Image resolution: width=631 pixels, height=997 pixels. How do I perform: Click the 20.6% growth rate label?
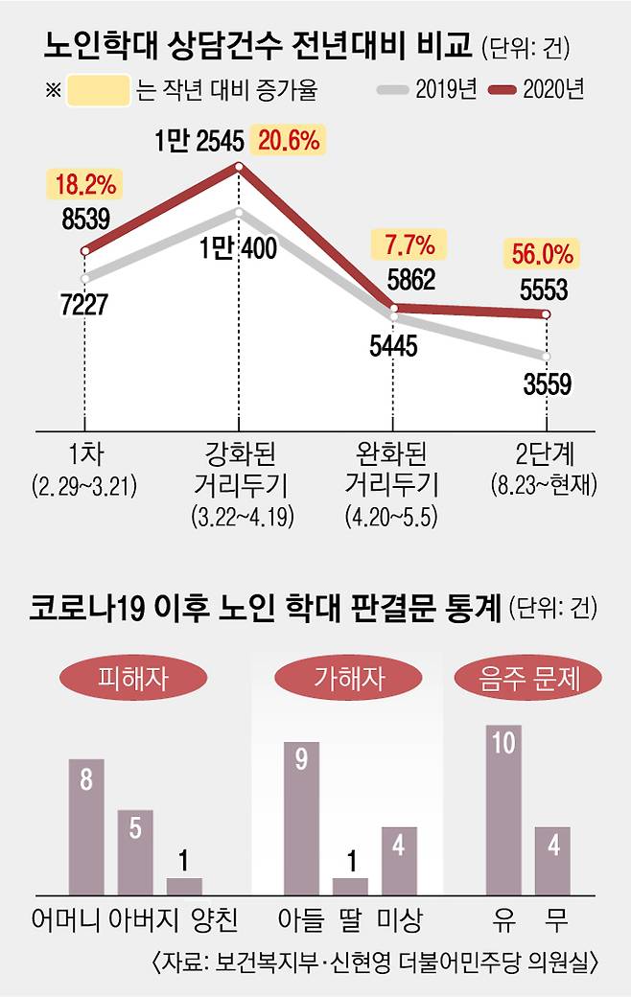tap(288, 142)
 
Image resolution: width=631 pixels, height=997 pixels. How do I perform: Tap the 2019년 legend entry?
tap(428, 90)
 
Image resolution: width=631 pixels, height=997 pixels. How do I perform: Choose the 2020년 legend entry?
tap(537, 90)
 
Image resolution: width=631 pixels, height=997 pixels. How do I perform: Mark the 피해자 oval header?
tap(133, 680)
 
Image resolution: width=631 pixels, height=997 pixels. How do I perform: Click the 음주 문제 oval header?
tap(540, 680)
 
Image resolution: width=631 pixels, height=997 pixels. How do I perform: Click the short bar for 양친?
tap(184, 885)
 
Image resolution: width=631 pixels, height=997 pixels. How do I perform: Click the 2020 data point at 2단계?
tap(547, 314)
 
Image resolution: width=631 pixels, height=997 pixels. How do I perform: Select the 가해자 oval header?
tap(337, 680)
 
